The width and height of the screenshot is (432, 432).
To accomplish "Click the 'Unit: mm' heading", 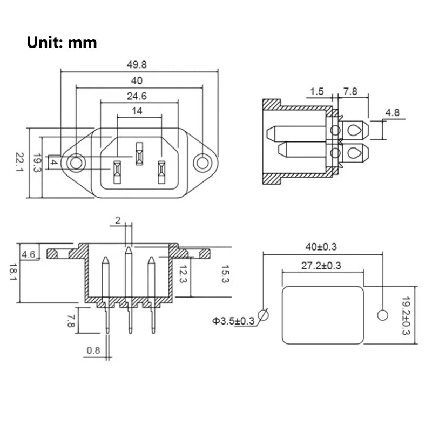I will coord(62,43).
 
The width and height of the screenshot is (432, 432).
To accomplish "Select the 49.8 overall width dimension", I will coord(136,64).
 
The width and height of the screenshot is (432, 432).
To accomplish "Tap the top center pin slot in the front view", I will coord(139,153).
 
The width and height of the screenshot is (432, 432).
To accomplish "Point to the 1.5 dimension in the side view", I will coord(318,92).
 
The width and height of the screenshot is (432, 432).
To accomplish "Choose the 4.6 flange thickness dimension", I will coord(29,253).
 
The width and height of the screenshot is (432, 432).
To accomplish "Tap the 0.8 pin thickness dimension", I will coord(93,350).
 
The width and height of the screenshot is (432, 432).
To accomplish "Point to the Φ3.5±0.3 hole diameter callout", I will coord(233,321).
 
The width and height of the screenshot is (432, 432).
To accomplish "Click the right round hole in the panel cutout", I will coord(383,315).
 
